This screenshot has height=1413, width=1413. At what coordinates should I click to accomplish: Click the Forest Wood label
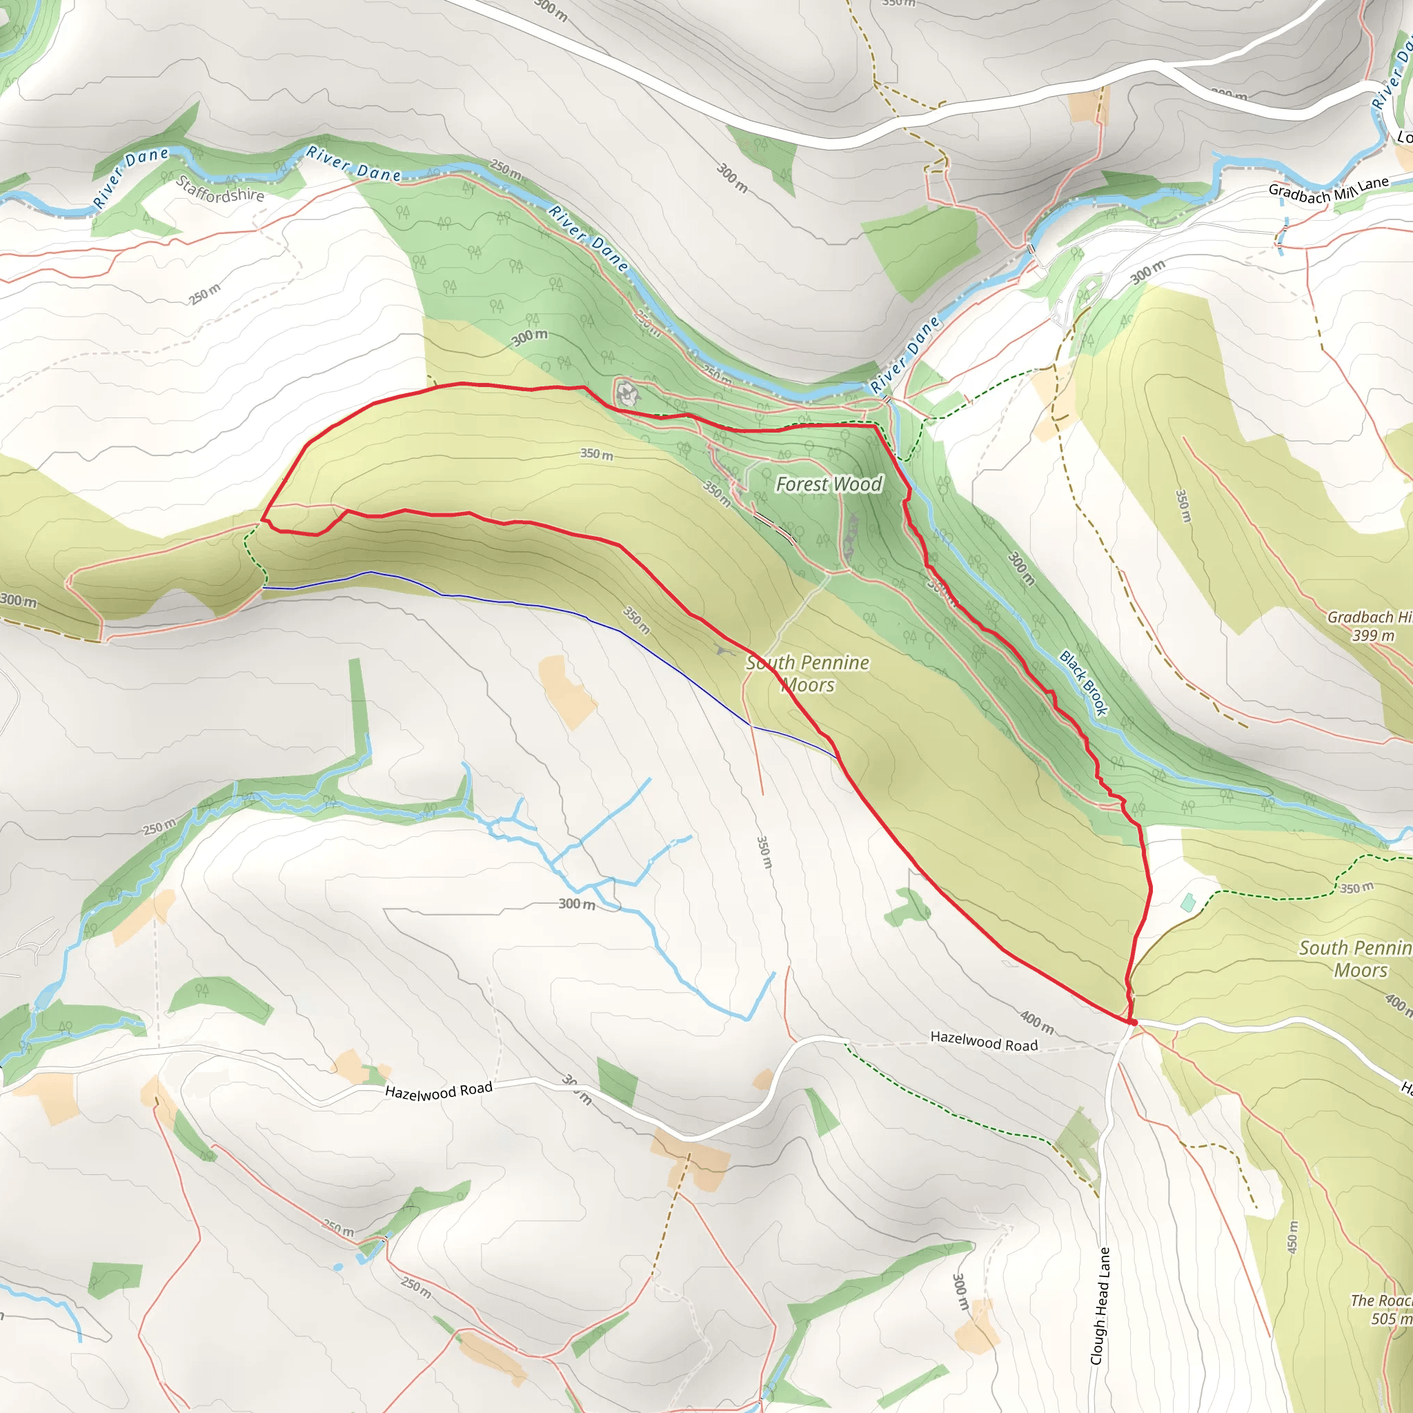coord(829,484)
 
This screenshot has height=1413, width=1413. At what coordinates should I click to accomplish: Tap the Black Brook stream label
coord(1084,682)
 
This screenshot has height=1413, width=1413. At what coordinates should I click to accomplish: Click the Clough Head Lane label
coord(1100,1305)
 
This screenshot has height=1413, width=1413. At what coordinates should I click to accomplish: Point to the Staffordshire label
coord(220,188)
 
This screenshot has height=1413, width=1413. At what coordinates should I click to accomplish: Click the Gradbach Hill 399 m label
coord(1369,626)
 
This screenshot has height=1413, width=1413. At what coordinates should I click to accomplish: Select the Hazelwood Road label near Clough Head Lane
coord(984,1040)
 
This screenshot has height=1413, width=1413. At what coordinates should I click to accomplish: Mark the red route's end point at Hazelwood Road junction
coord(1133,1022)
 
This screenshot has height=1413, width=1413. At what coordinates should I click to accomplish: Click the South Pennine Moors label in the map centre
coord(807,673)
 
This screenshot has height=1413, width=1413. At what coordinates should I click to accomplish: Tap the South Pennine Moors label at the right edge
coord(1355,959)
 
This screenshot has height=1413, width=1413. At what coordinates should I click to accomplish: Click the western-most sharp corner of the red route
coord(261,521)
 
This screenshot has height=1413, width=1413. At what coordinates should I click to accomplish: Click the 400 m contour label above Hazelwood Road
coord(1037,1022)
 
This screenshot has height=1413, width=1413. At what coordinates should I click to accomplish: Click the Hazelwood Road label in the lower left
coord(439,1091)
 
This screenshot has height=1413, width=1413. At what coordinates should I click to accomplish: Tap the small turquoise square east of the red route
coord(1189,902)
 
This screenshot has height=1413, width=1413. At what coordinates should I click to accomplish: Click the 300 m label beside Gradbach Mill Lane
coord(1147,272)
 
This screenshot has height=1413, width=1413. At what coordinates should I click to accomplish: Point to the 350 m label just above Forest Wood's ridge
coord(597,454)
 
